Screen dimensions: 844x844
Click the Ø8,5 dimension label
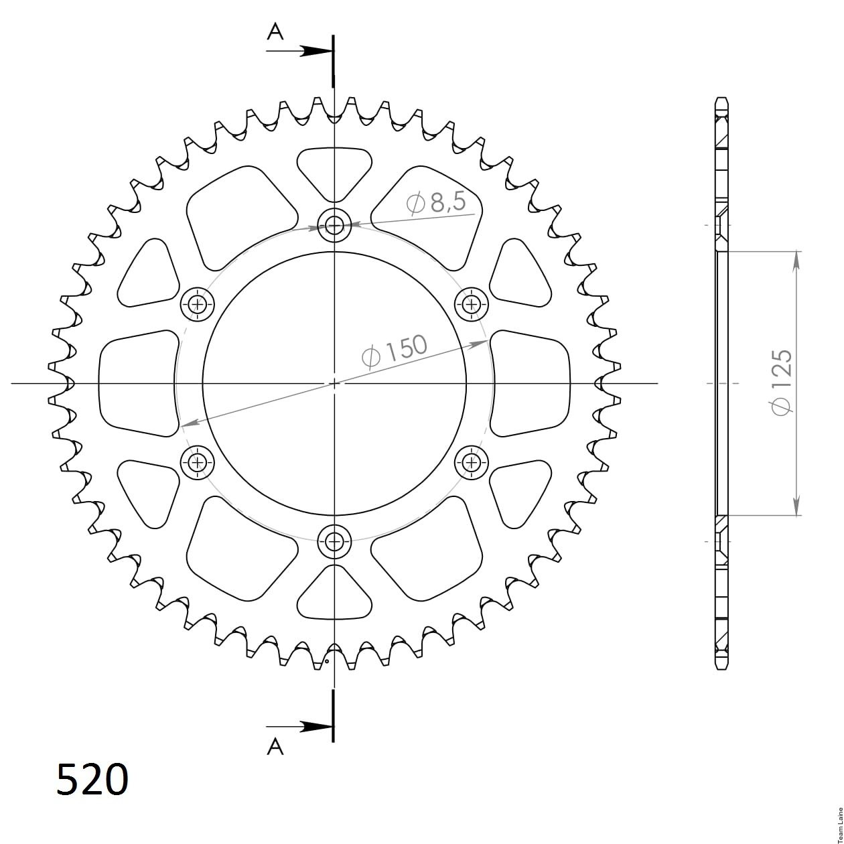tap(435, 203)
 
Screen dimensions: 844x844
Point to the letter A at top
tap(275, 32)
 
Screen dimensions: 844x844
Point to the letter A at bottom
tap(275, 746)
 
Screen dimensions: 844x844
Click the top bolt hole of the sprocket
tap(334, 226)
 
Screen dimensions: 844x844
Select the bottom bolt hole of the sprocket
tap(334, 541)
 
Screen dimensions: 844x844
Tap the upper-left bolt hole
tap(198, 304)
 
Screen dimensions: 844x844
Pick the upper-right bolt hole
tap(472, 304)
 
